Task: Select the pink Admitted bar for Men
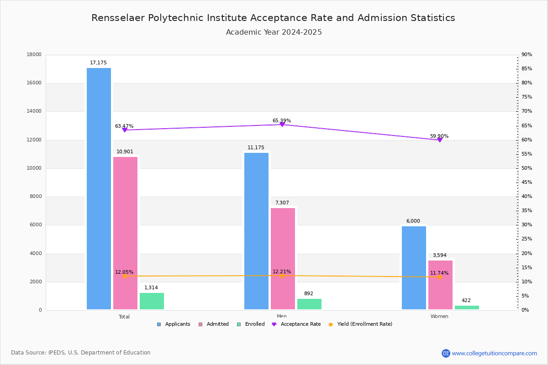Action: (x=283, y=259)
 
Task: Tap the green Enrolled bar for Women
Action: (x=467, y=308)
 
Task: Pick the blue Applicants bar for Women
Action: (x=414, y=268)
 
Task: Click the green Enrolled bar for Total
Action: (x=152, y=301)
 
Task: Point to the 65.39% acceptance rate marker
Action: (x=282, y=125)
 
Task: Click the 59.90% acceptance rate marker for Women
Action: (x=440, y=140)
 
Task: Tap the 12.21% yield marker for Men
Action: (x=282, y=276)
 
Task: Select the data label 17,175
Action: (x=98, y=63)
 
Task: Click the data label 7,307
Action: (x=282, y=203)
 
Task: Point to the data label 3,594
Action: (x=439, y=255)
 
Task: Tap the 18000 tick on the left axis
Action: (x=34, y=55)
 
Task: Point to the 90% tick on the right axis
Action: (x=527, y=55)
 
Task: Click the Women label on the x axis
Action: (x=439, y=317)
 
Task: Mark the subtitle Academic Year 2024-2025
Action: (x=274, y=32)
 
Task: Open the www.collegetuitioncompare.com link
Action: (x=494, y=353)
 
